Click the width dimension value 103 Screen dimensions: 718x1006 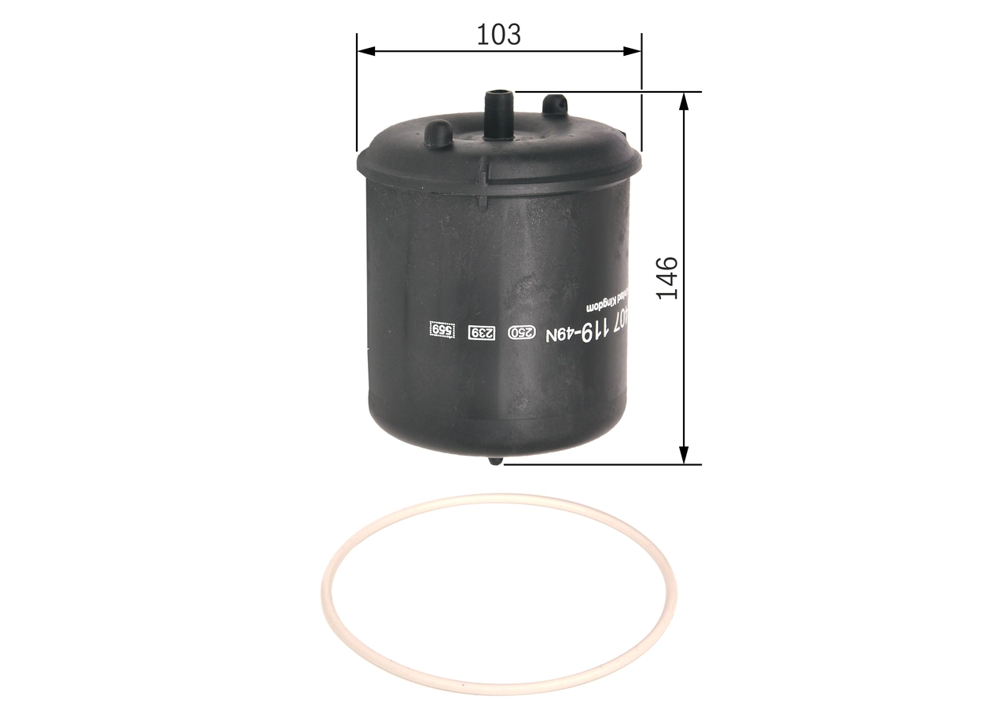[499, 34]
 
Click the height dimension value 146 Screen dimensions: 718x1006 [667, 277]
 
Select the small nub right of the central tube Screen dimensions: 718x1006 [555, 104]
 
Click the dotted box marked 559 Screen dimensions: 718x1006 [442, 331]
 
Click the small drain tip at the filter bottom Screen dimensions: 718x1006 [495, 460]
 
